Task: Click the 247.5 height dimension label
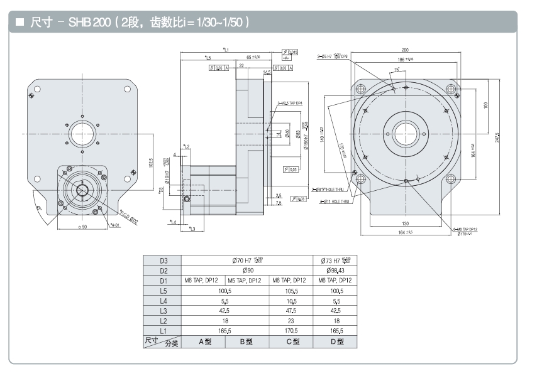point(497,137)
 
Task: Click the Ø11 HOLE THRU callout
point(336,202)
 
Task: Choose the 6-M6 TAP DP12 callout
point(466,229)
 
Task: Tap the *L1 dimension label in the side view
point(226,49)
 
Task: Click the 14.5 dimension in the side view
point(267,73)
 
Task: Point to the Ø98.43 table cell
point(335,270)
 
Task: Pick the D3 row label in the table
point(163,260)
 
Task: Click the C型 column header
point(291,341)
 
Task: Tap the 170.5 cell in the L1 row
point(291,330)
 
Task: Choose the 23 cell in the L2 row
point(291,320)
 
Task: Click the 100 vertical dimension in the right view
point(485,105)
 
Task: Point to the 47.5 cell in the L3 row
point(291,310)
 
